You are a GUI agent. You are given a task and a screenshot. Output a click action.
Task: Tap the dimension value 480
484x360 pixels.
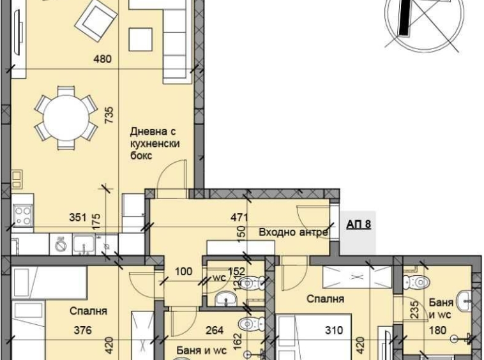[x=103, y=59]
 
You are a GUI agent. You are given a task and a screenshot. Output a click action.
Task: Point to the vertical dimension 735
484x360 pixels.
[x=109, y=114]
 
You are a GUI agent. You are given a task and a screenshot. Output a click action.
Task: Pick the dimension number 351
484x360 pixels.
[x=77, y=216]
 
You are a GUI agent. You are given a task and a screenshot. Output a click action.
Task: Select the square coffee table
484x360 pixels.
[x=140, y=40]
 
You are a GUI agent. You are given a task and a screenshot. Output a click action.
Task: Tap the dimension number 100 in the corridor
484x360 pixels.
[x=183, y=271]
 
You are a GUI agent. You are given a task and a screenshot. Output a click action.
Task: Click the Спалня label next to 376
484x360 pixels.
[x=88, y=311]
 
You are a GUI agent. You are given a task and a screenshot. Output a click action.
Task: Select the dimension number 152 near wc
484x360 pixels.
[x=237, y=271]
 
